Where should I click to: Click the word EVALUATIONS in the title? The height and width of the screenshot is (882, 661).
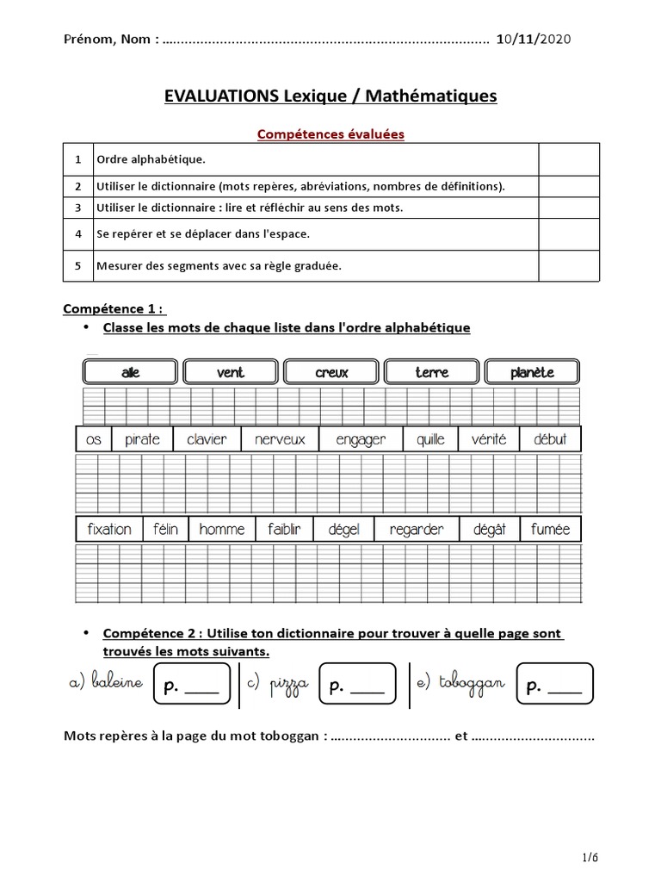pos(221,96)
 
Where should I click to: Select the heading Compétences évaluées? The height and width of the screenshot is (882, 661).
pos(330,134)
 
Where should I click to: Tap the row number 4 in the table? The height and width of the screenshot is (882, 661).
pos(77,234)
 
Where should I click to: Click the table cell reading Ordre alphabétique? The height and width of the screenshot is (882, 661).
pos(151,160)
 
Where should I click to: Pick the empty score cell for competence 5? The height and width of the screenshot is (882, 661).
pos(568,266)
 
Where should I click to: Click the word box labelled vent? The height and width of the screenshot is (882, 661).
pos(231,372)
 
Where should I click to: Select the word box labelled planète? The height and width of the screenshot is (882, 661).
pos(532,372)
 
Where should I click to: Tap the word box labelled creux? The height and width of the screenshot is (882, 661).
pos(331,372)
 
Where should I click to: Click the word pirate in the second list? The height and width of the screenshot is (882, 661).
pos(142,439)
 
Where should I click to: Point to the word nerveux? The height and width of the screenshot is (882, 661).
pos(280,439)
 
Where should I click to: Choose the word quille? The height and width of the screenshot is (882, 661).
pos(430,439)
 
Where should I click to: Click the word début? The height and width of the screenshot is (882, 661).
pos(550,439)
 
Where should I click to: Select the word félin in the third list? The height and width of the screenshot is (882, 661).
pos(165,529)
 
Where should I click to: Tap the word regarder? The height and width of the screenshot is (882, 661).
pos(416,529)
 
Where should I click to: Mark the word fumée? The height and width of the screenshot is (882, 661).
pos(551,529)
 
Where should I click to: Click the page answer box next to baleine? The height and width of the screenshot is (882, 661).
pos(191,686)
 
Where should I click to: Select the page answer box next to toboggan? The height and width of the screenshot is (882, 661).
pos(554,686)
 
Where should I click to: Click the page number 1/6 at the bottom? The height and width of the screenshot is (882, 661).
pos(590,858)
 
